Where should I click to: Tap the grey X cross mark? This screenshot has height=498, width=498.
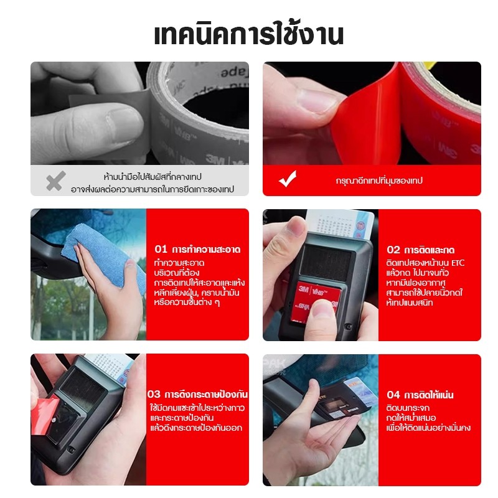[x=56, y=181]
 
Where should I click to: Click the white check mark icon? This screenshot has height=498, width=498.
[x=288, y=179]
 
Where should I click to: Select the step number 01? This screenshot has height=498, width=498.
[x=161, y=249]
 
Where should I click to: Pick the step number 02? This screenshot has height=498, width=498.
[x=393, y=250]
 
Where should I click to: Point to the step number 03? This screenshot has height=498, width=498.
[x=154, y=395]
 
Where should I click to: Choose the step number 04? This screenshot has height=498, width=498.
[x=393, y=395]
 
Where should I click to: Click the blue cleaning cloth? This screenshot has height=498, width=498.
[x=105, y=254]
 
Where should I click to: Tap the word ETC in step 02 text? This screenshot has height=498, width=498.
[x=458, y=263]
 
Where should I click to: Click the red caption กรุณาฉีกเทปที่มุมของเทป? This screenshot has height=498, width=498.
[x=379, y=181]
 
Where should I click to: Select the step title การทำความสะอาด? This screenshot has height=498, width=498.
[x=206, y=250]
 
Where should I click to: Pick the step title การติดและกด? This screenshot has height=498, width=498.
[x=429, y=250]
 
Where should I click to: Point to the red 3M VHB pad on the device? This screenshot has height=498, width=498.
[x=317, y=299]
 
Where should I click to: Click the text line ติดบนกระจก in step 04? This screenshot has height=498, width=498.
[x=408, y=408]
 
